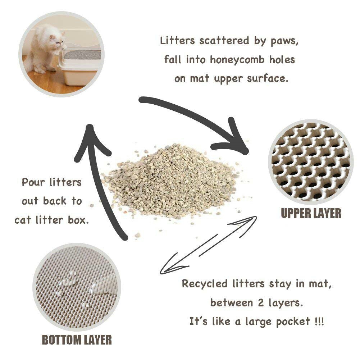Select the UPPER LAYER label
click(311, 213)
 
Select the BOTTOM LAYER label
click(77, 340)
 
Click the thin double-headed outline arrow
click(209, 245)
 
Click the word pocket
click(293, 322)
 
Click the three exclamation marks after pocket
click(318, 321)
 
